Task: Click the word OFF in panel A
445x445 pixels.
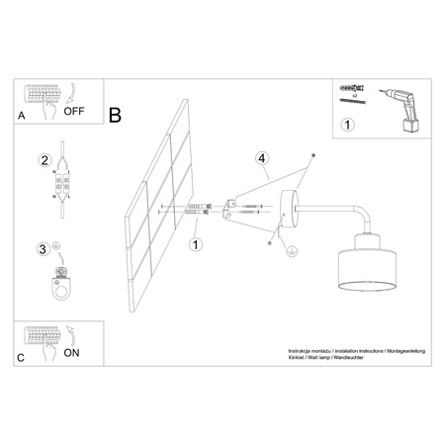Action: tap(75, 111)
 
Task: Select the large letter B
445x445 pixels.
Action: tap(115, 116)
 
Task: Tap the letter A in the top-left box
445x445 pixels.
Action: tap(22, 117)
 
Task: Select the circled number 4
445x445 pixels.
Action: tap(261, 158)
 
